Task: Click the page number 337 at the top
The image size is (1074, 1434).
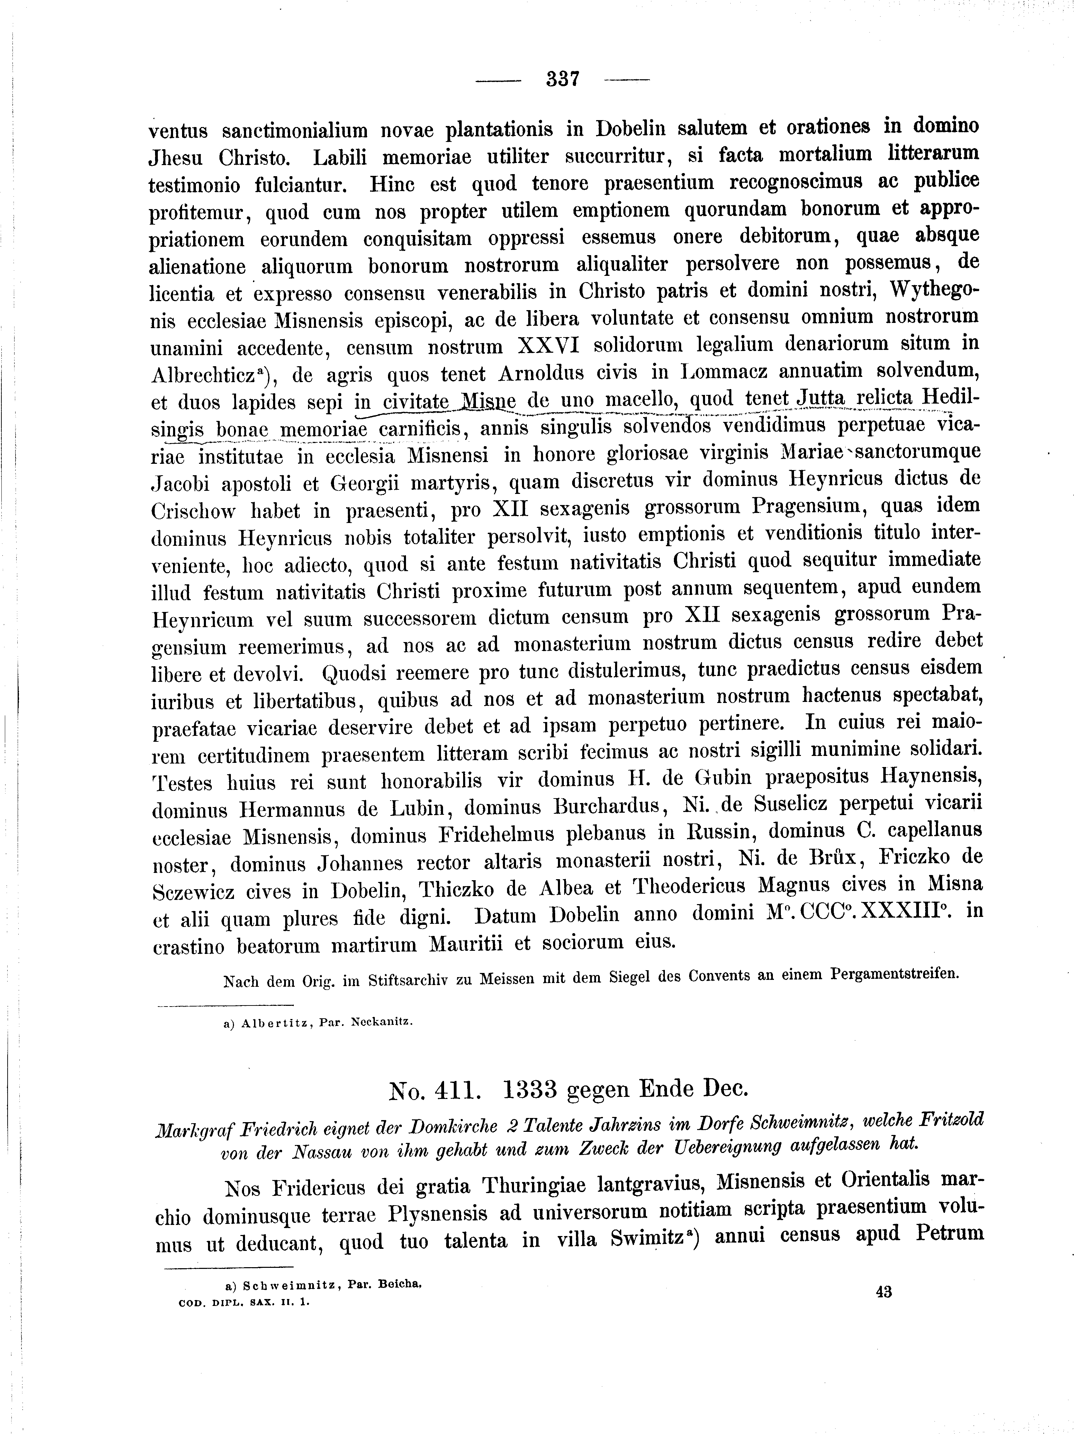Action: click(562, 79)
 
